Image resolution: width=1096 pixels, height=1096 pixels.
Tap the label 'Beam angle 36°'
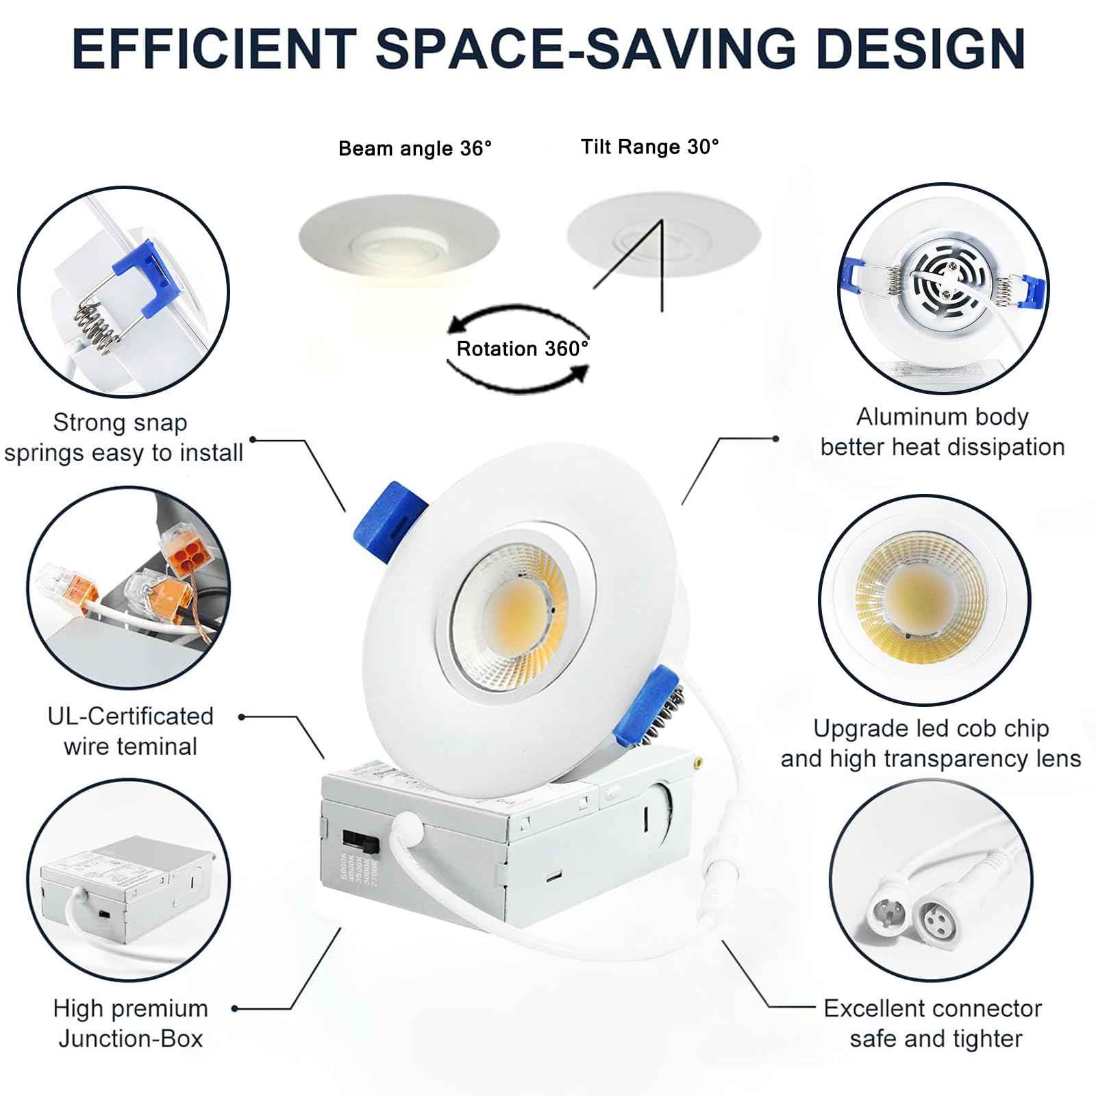(415, 149)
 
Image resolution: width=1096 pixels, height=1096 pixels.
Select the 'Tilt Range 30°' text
(650, 147)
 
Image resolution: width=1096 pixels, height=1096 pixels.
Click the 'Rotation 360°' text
(522, 349)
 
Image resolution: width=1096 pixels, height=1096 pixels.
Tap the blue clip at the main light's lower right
(645, 706)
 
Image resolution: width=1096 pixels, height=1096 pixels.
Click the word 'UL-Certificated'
(130, 717)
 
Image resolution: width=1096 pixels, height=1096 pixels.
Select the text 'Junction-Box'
(130, 1038)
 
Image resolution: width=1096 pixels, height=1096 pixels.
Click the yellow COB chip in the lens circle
(919, 596)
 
